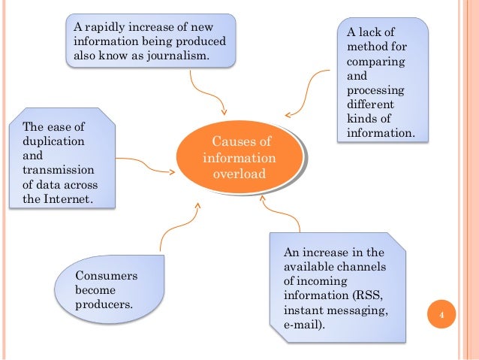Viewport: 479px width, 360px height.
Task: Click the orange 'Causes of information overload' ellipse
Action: (x=239, y=159)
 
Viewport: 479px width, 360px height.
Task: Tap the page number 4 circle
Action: (x=442, y=316)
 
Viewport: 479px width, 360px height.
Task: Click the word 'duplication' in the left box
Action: (x=53, y=141)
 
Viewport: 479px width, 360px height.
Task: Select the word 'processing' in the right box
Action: (x=374, y=90)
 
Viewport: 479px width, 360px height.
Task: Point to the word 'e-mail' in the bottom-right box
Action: (x=299, y=325)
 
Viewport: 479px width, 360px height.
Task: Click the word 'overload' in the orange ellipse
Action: (x=239, y=174)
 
